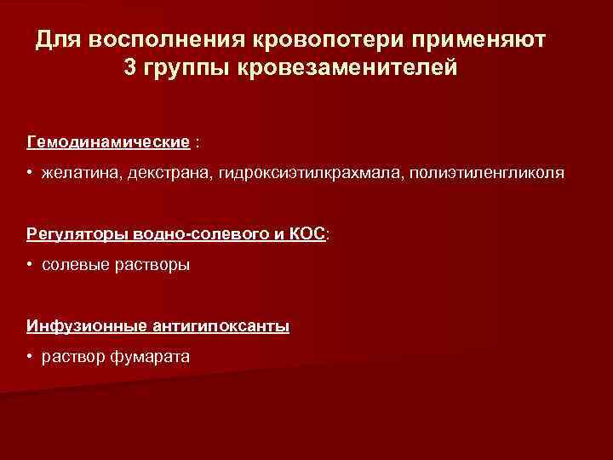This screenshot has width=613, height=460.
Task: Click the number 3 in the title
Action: [x=129, y=67]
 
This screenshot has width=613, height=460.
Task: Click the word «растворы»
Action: [x=148, y=265]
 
